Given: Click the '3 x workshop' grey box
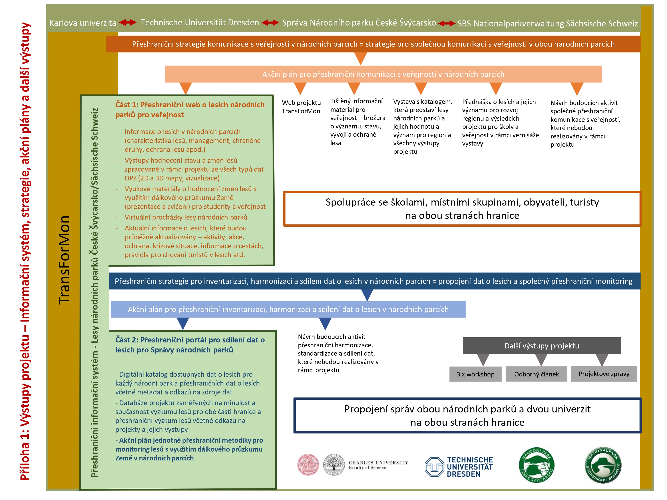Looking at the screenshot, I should point(475,374).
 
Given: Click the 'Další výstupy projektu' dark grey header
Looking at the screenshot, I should point(542,346).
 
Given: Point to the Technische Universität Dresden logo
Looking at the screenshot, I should point(459,466).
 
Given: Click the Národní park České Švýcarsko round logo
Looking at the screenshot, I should point(536,465).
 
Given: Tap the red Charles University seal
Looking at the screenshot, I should point(308,464).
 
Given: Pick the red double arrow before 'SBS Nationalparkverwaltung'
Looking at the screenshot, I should point(447,24).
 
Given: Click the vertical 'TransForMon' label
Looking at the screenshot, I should point(64,260).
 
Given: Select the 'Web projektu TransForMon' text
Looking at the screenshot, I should point(301,107).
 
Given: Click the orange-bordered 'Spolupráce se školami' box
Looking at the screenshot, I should point(462,209).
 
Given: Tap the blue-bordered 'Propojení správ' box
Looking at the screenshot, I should point(467,415).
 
